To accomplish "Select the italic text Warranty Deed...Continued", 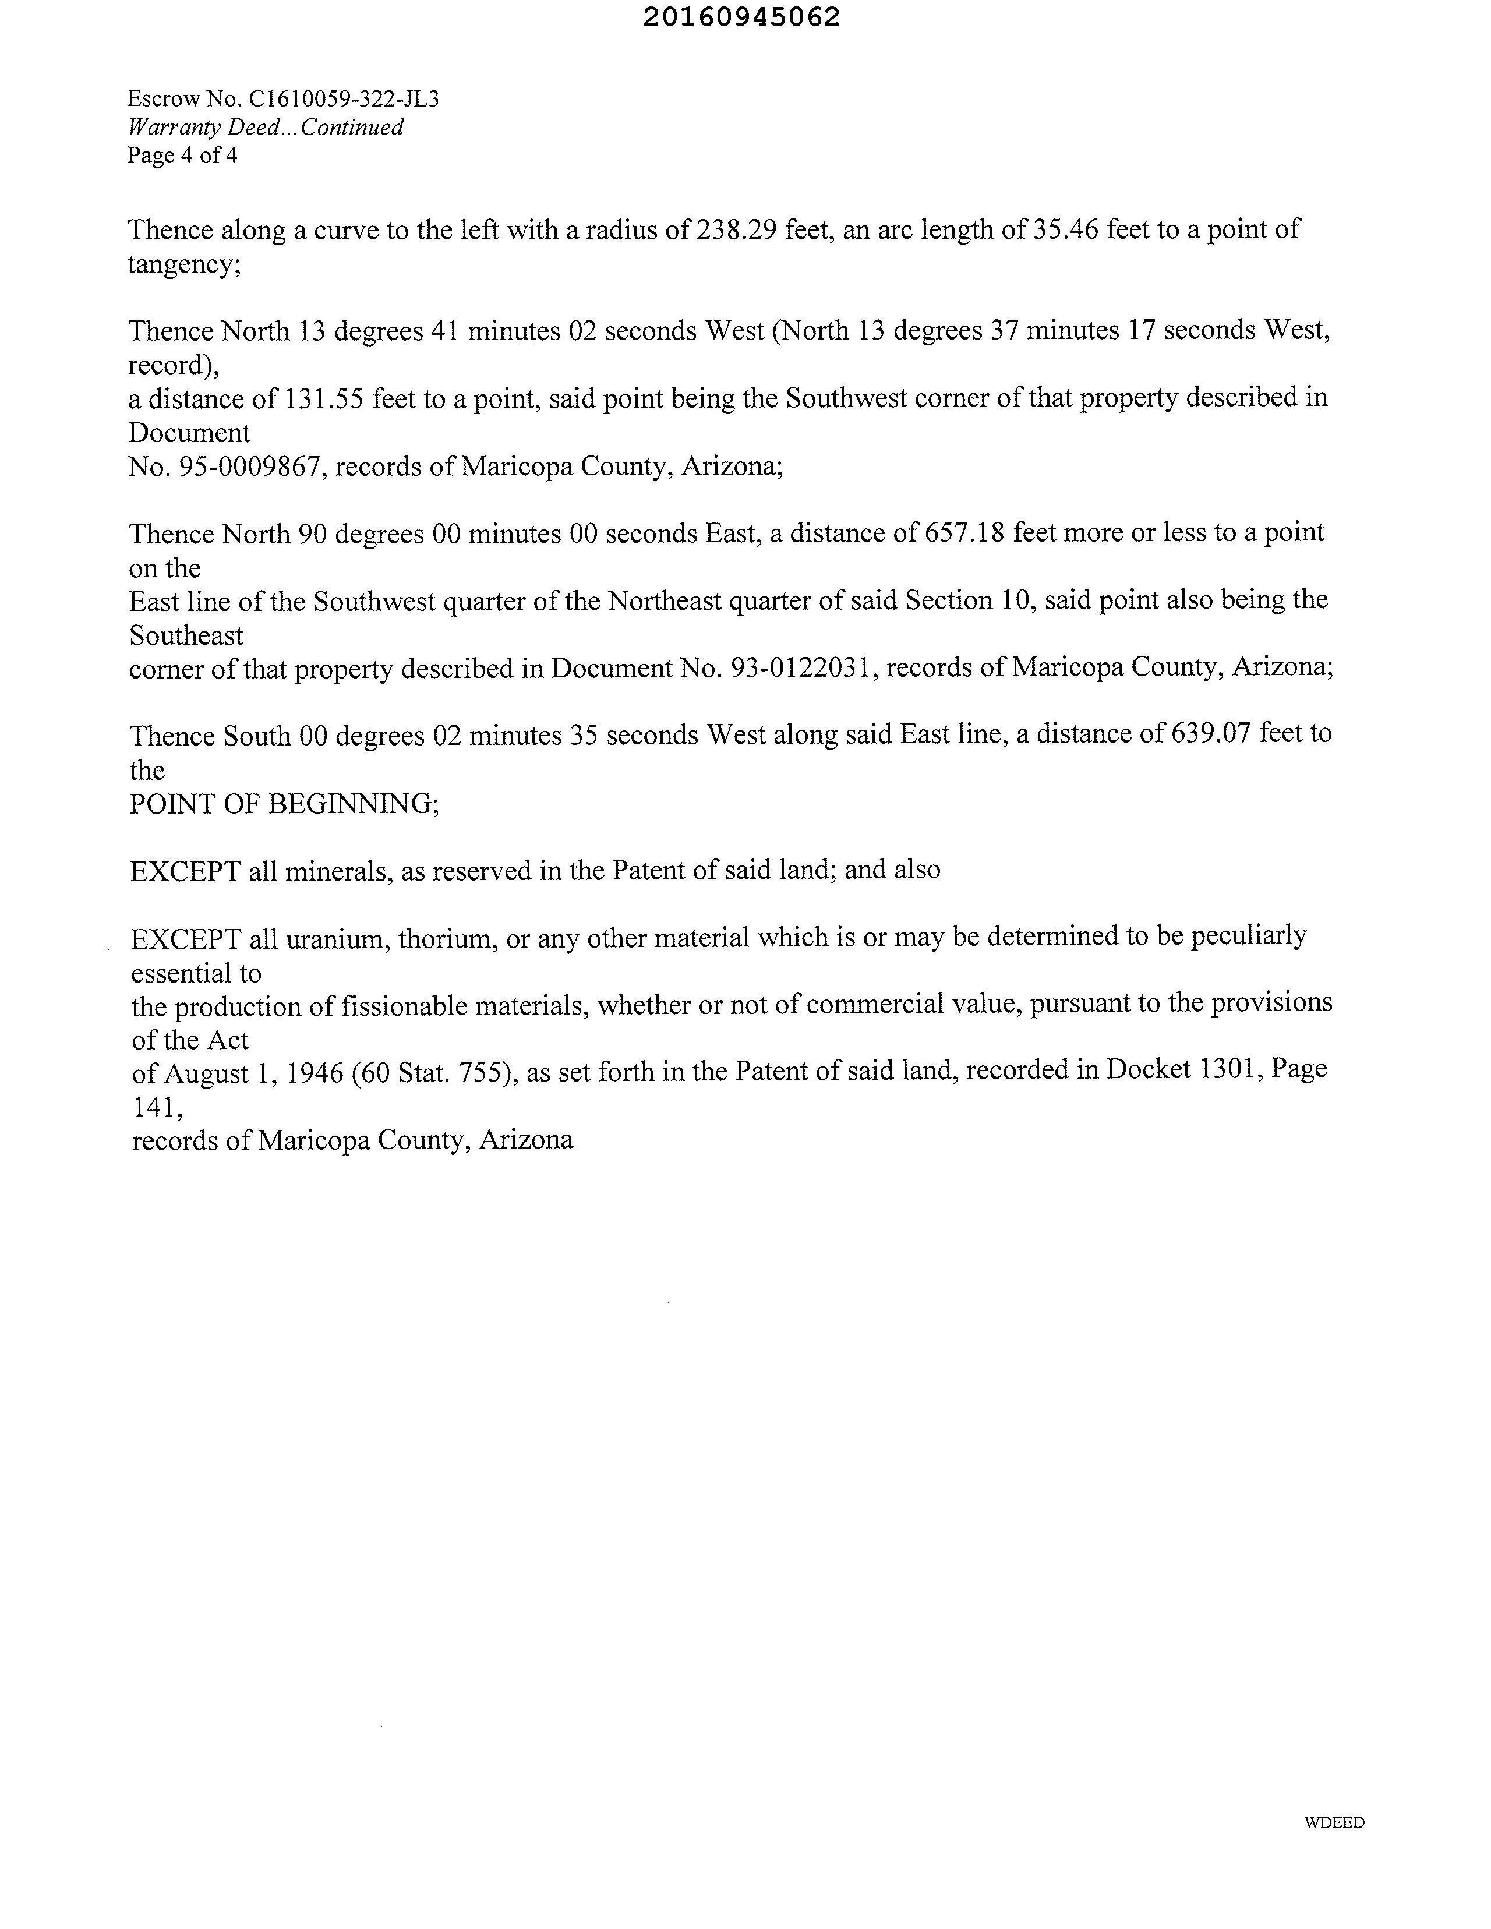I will tap(266, 127).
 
